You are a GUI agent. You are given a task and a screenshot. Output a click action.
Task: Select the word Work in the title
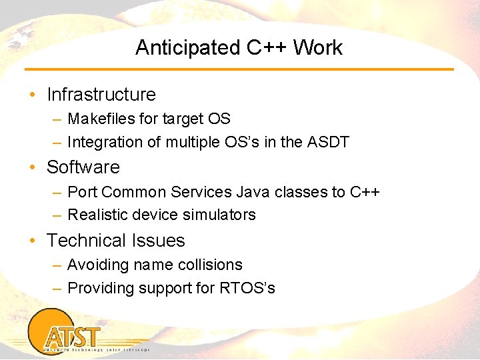click(317, 48)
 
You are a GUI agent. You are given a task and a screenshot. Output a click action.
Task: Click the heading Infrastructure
click(101, 95)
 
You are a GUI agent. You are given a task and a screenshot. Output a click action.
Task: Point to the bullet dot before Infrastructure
click(33, 95)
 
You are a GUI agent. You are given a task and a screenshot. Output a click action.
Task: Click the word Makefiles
click(101, 119)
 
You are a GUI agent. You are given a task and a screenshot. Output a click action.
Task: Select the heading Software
click(83, 167)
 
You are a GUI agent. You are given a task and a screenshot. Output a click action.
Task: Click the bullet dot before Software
click(33, 167)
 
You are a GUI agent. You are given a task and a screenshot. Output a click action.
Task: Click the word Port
click(82, 192)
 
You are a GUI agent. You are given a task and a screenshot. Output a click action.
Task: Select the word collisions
click(210, 265)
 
